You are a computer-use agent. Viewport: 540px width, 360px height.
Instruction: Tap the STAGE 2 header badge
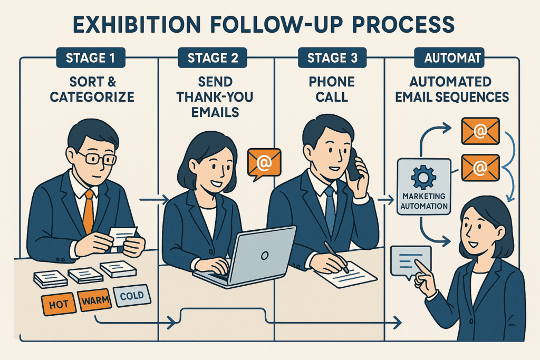pyautogui.click(x=209, y=57)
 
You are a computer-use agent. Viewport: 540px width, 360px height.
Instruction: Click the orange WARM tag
pyautogui.click(x=95, y=301)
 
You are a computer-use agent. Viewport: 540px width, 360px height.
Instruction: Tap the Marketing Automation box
pyautogui.click(x=423, y=188)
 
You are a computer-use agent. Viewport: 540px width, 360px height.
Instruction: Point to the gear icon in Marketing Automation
pyautogui.click(x=423, y=177)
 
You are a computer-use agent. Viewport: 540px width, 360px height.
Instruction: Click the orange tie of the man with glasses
pyautogui.click(x=88, y=210)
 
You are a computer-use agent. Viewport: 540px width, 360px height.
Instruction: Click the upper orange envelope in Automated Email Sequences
pyautogui.click(x=480, y=131)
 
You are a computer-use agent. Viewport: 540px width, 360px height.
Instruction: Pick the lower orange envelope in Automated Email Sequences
pyautogui.click(x=480, y=167)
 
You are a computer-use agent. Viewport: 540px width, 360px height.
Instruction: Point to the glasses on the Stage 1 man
pyautogui.click(x=97, y=158)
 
